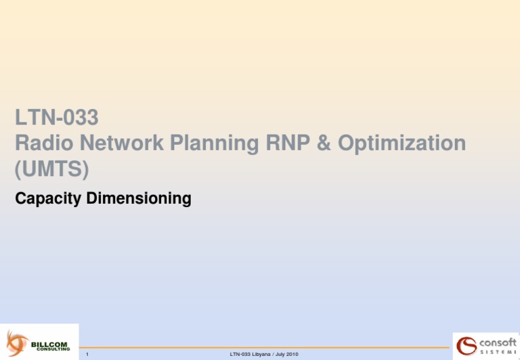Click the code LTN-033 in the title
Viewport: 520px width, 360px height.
[57, 118]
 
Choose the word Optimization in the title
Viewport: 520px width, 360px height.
[399, 143]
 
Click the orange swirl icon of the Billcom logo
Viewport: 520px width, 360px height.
[17, 341]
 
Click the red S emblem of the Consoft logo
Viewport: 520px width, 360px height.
[467, 345]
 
